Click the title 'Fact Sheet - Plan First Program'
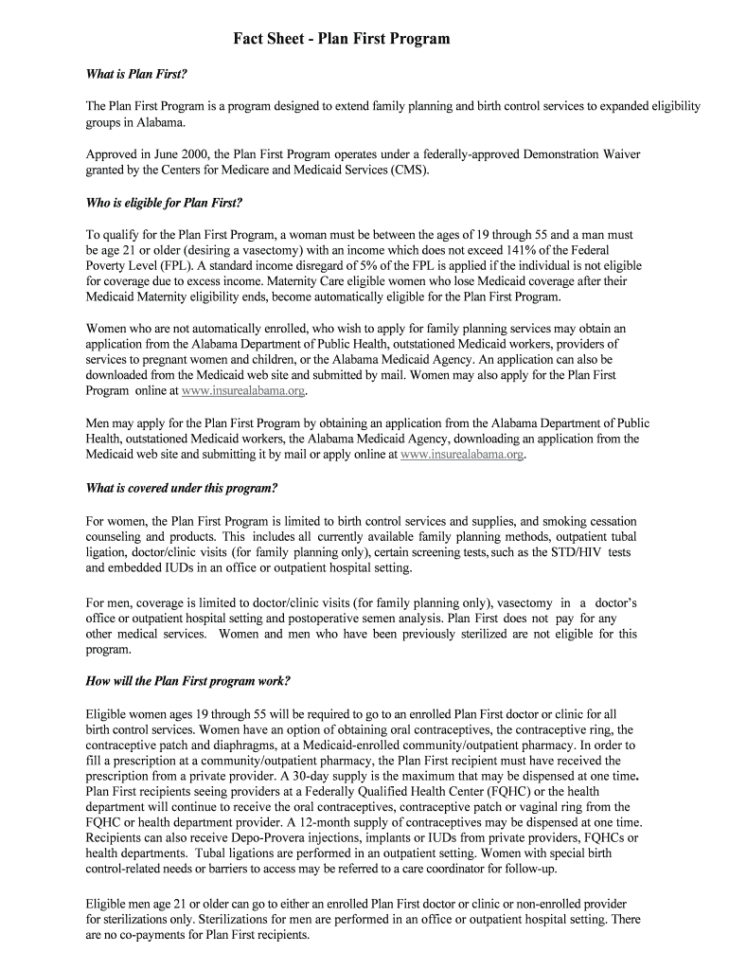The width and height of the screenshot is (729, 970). [x=342, y=39]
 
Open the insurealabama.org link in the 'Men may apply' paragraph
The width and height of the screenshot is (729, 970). [x=462, y=455]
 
